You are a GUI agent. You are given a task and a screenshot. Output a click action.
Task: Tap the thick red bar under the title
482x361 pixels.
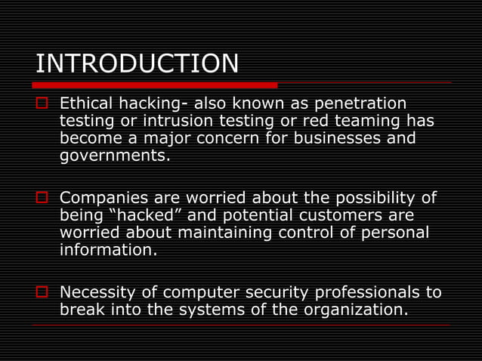(x=156, y=85)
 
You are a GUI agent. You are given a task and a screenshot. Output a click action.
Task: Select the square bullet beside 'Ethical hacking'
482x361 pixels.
(x=42, y=103)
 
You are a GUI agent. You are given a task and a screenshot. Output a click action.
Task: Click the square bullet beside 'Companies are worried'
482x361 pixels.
(x=42, y=199)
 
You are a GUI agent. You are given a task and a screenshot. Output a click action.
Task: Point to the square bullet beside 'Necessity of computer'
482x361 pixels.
(x=42, y=292)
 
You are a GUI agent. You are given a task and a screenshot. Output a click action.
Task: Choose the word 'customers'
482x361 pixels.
(x=347, y=215)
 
